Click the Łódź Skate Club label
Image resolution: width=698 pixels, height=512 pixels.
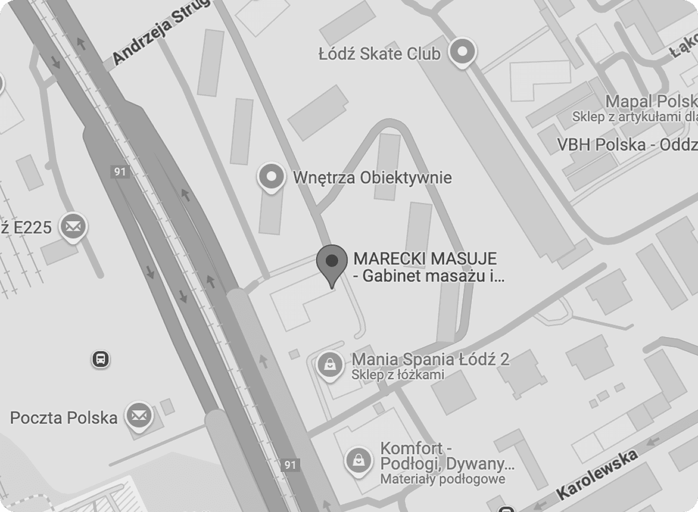379,54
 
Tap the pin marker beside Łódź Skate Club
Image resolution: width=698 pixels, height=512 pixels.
462,52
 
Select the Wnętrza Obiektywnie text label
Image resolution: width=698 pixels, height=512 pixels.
372,177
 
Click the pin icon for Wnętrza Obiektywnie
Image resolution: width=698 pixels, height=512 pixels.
271,177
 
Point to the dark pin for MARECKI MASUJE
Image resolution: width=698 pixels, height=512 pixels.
332,262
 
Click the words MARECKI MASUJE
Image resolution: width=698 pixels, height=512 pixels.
425,259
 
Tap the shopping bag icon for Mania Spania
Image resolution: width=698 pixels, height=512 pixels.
330,365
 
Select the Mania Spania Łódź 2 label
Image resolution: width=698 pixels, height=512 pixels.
430,359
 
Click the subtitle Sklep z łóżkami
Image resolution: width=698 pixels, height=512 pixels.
397,375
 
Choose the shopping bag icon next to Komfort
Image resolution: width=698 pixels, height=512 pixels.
359,460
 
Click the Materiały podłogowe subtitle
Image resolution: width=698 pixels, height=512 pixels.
442,479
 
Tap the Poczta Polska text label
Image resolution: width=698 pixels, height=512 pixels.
64,418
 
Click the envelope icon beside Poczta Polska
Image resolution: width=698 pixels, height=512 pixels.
139,416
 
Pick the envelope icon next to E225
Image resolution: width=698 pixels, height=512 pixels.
73,226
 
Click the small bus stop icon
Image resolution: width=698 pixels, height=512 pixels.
101,359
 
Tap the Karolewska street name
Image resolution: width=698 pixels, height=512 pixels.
596,475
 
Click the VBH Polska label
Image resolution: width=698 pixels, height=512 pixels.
627,145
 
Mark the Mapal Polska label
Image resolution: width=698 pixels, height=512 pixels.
651,101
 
